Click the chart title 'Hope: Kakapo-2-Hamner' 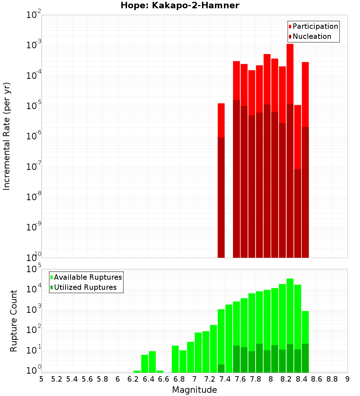[x=180, y=5]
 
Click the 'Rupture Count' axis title [x=14, y=321]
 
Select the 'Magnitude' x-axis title [x=194, y=390]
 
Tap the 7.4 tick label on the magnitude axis [x=225, y=379]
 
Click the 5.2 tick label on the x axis [x=57, y=379]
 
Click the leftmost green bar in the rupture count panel [x=137, y=372]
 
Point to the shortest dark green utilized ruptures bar [x=221, y=368]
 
